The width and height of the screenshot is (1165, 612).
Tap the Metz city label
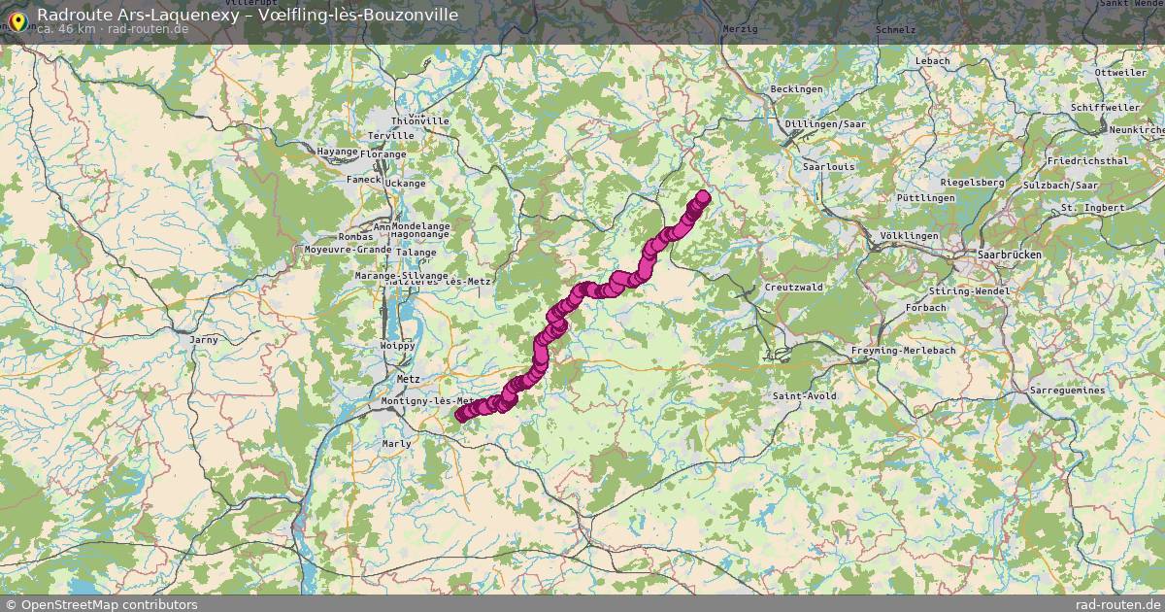click(408, 379)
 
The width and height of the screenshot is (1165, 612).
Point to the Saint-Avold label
click(804, 396)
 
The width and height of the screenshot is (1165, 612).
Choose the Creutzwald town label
click(793, 288)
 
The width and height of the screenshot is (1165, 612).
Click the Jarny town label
click(204, 340)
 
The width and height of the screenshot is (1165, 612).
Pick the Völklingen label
click(909, 236)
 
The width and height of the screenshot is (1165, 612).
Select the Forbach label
click(925, 308)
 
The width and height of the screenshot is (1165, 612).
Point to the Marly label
click(396, 444)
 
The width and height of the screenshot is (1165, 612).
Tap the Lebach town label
click(932, 60)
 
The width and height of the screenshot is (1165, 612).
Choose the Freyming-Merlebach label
click(903, 350)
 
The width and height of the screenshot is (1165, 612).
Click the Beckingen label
click(796, 89)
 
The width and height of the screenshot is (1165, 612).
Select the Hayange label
click(338, 152)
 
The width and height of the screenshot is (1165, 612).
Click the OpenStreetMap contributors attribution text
click(109, 604)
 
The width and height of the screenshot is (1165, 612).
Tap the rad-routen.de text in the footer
click(1119, 604)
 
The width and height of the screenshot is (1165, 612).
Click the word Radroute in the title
click(70, 14)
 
